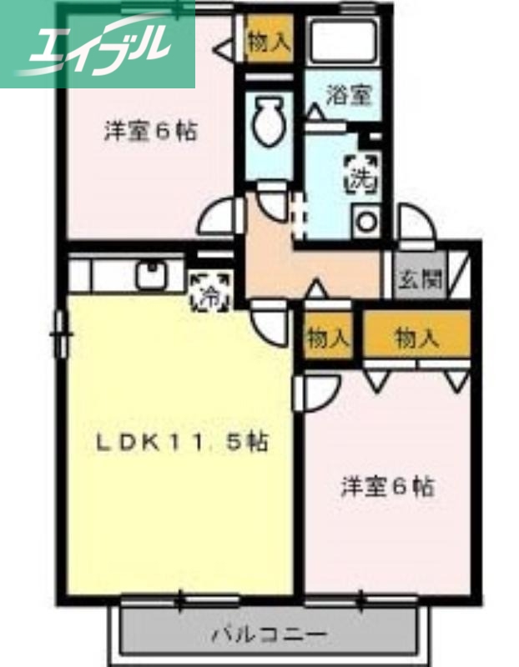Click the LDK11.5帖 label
pyautogui.click(x=179, y=443)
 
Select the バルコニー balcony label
pyautogui.click(x=268, y=635)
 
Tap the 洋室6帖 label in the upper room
pyautogui.click(x=150, y=131)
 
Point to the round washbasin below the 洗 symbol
pyautogui.click(x=365, y=222)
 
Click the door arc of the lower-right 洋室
pyautogui.click(x=315, y=392)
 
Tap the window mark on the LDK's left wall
pyautogui.click(x=60, y=333)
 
